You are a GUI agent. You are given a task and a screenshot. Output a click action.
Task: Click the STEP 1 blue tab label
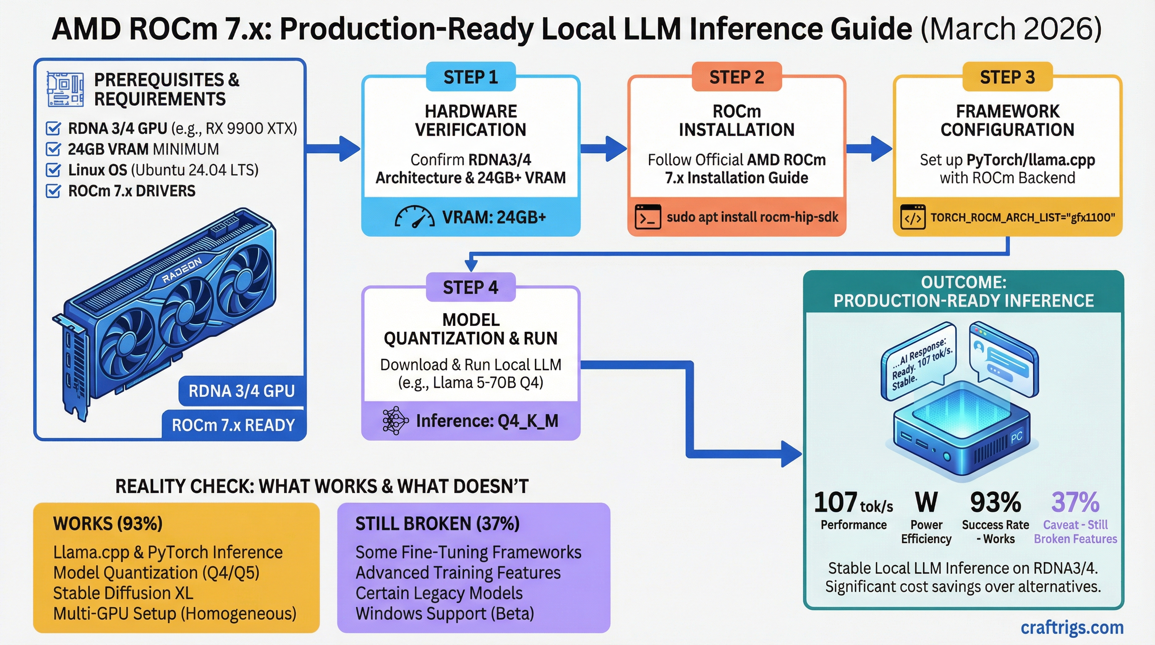coord(470,77)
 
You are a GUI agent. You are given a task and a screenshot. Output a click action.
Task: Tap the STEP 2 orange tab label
coord(737,77)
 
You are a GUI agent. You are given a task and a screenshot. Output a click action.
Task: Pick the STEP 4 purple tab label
coord(470,288)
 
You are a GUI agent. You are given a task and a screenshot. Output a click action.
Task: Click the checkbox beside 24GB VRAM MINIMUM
coord(53,149)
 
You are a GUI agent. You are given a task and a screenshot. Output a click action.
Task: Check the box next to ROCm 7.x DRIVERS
coord(53,191)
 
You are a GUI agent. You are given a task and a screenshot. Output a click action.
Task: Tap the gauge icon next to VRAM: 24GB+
coord(414,217)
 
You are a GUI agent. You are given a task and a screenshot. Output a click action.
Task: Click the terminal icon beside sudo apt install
coord(648,217)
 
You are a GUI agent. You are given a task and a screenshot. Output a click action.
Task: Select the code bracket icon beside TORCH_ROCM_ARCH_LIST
coord(913,218)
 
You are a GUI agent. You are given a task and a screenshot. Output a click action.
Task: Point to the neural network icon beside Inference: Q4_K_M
coord(395,421)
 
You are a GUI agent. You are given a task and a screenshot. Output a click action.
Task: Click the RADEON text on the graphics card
coord(182,271)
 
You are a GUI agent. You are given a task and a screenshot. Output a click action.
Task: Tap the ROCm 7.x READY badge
coord(233,425)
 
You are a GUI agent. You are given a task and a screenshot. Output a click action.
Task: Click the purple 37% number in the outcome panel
coord(1075,502)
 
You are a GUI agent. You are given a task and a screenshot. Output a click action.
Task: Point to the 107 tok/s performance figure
coord(853,503)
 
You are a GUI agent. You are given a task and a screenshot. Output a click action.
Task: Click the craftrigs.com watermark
coord(1072,627)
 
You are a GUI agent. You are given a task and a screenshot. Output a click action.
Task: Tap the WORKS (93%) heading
coord(107,524)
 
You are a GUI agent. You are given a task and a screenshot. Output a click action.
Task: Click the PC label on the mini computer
coord(1017,437)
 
